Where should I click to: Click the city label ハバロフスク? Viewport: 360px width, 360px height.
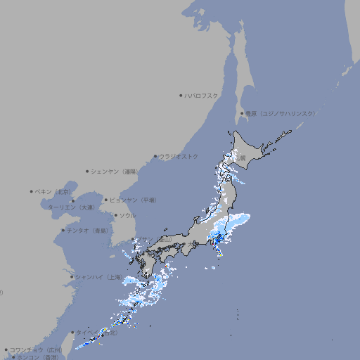coord(202,95)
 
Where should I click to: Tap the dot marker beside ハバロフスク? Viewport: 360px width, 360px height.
coord(181,95)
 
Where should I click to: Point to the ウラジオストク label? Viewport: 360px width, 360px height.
coord(179,156)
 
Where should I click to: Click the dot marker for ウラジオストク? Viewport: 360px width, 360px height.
coord(155,156)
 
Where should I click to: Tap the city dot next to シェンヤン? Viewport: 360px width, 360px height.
coord(87,171)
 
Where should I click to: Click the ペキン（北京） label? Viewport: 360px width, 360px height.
coord(55,191)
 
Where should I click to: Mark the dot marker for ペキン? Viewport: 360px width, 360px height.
coord(32,191)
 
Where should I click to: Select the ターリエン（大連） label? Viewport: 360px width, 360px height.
coord(70,207)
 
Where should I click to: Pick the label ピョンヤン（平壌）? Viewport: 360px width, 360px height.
coord(134,200)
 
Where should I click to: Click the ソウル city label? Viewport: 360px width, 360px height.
coord(127,215)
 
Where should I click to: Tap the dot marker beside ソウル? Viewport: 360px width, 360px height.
coord(115,215)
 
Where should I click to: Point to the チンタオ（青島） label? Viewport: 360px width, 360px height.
coord(87,231)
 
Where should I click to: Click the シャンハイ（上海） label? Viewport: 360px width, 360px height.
coord(98,277)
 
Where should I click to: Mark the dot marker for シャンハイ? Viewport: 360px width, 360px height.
coord(72,277)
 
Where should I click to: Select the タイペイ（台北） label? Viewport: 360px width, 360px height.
coord(97,333)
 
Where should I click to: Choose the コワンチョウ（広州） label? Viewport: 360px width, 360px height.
coord(36,349)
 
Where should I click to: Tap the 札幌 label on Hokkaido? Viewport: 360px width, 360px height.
coord(240,158)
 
